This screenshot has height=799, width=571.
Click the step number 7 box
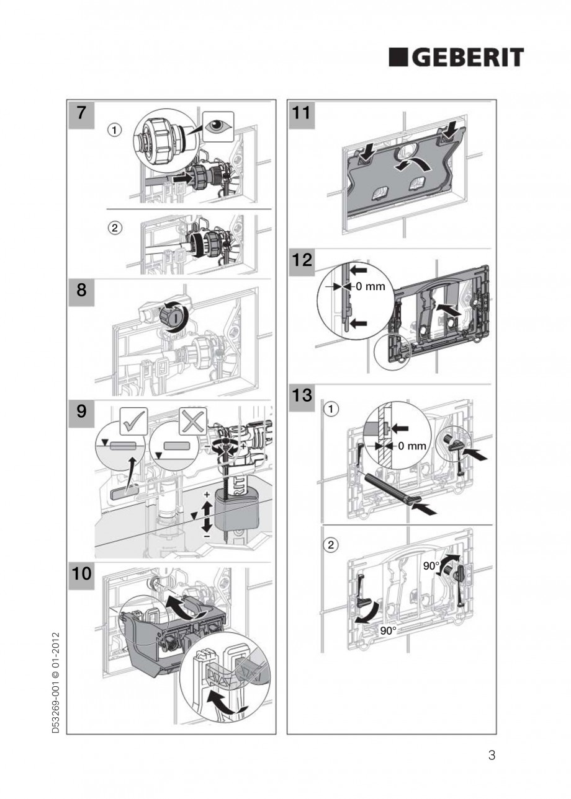(x=81, y=115)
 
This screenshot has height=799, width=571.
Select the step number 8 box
(x=81, y=291)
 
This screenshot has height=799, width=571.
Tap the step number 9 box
(x=81, y=412)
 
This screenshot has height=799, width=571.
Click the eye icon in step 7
(x=217, y=126)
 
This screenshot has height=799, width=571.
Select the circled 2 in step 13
(x=333, y=546)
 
